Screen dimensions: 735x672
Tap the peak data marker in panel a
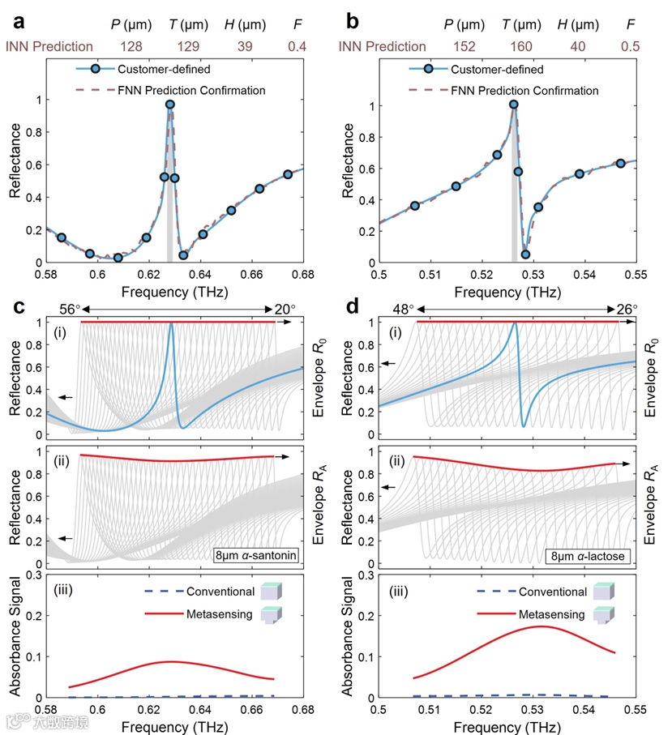pyautogui.click(x=170, y=105)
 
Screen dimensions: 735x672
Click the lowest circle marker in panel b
pyautogui.click(x=525, y=254)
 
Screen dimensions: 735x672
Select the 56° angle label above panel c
pyautogui.click(x=71, y=310)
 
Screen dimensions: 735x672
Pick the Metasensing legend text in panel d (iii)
pyautogui.click(x=550, y=615)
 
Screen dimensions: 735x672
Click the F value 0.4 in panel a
pyautogui.click(x=298, y=47)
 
